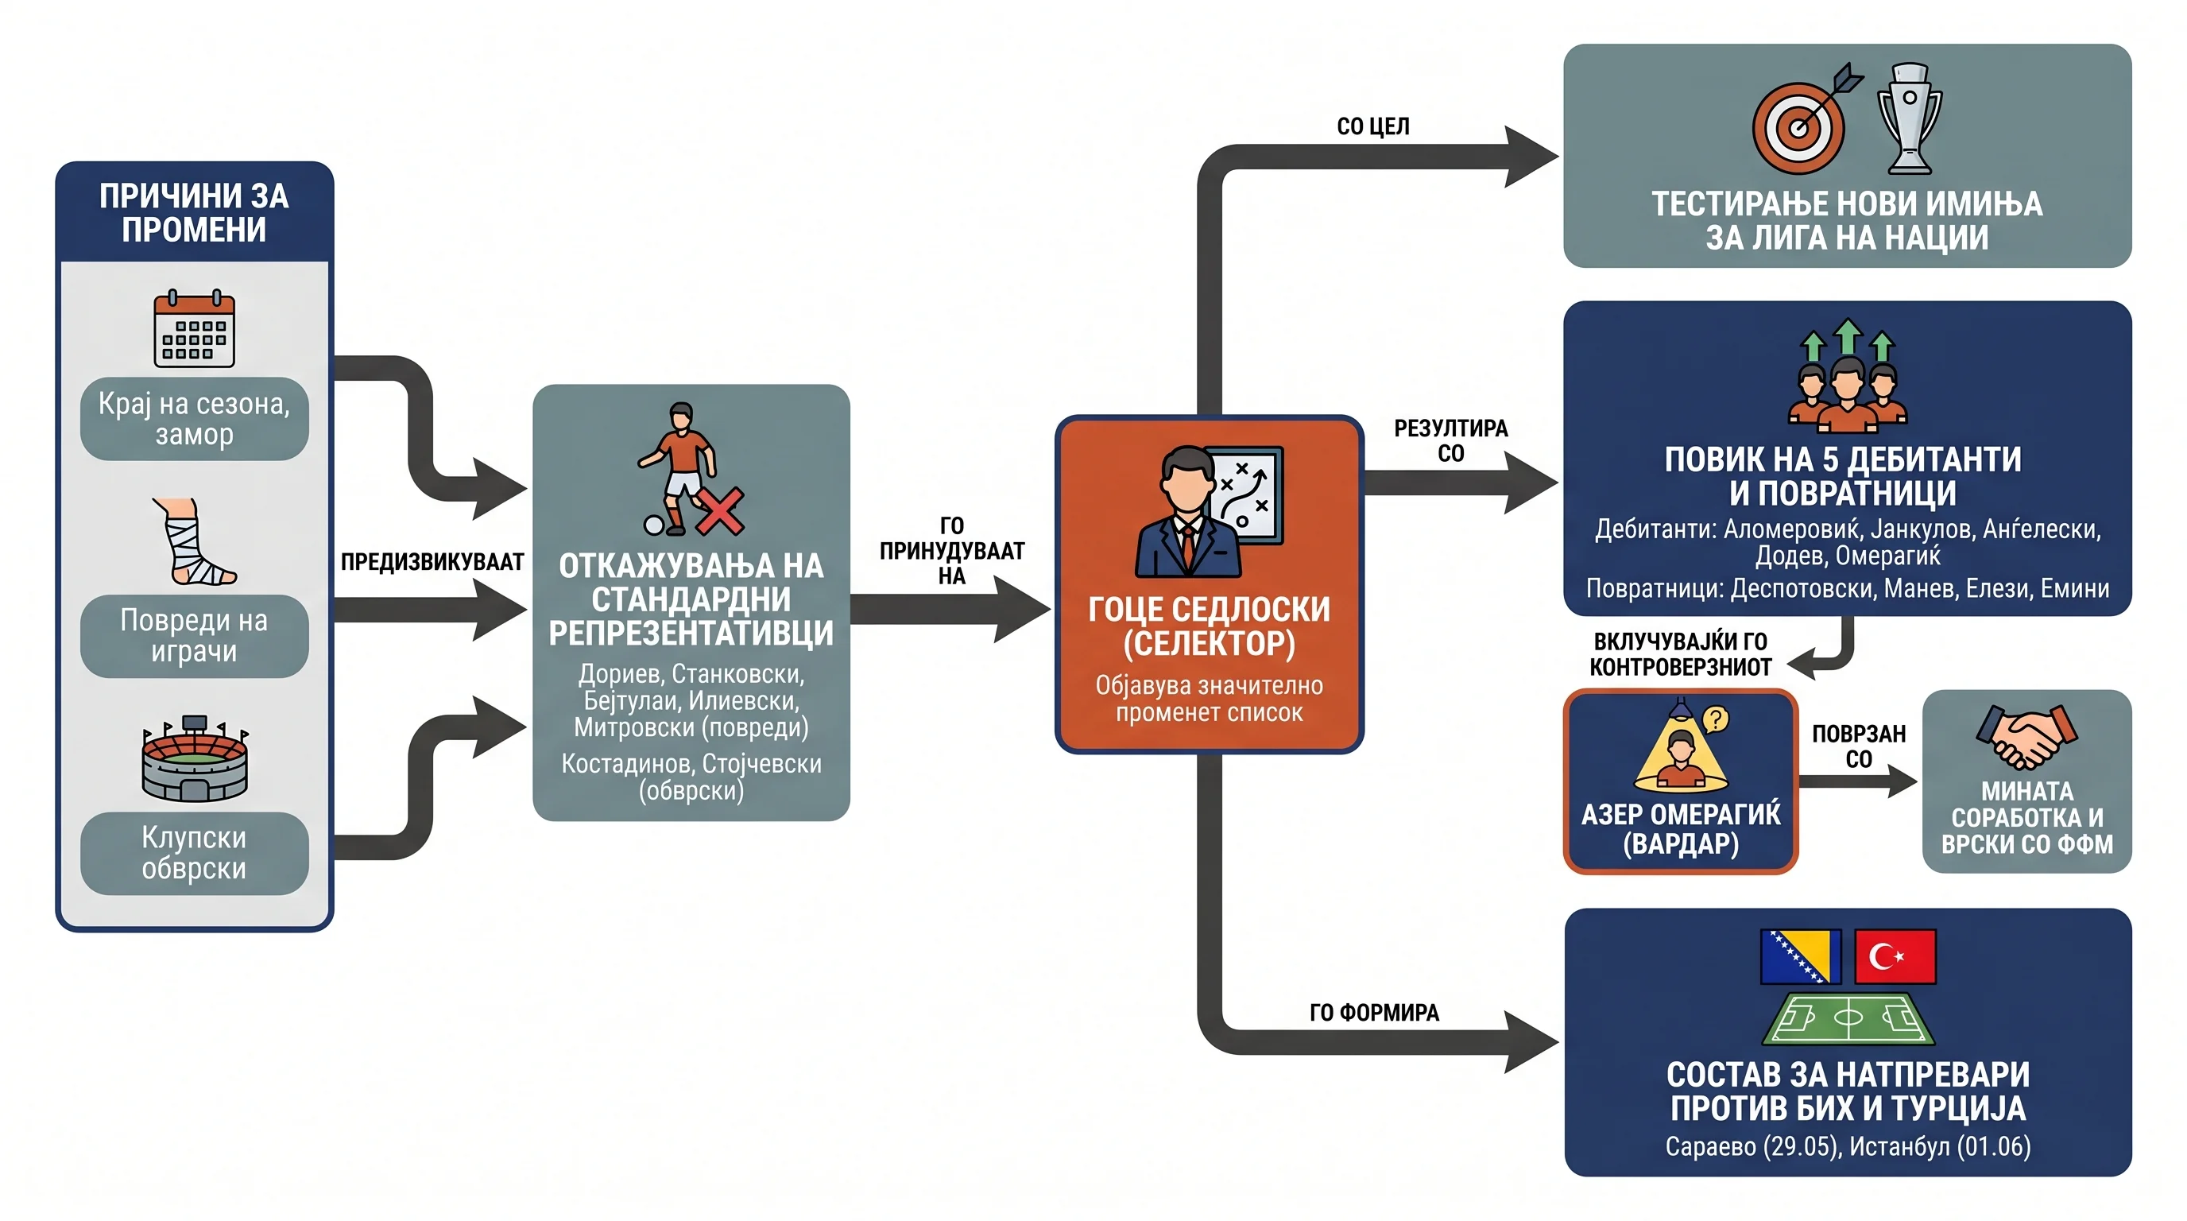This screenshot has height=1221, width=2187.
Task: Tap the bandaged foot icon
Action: pyautogui.click(x=195, y=541)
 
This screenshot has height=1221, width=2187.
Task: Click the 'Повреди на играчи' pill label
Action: pyautogui.click(x=195, y=635)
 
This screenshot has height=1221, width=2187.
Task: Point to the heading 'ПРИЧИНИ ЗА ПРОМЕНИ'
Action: pyautogui.click(x=195, y=212)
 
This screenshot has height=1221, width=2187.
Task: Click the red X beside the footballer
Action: pyautogui.click(x=720, y=511)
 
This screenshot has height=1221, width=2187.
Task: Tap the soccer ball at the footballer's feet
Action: pyautogui.click(x=654, y=525)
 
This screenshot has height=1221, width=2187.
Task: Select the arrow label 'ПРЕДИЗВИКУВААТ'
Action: pyautogui.click(x=432, y=561)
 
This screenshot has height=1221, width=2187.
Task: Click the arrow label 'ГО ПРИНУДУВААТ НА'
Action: pyautogui.click(x=952, y=550)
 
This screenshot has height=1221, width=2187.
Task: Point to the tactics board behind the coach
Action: pyautogui.click(x=1245, y=495)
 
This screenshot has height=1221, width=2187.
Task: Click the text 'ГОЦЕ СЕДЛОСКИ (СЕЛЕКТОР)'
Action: pyautogui.click(x=1209, y=626)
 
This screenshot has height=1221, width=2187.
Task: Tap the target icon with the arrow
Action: pyautogui.click(x=1805, y=120)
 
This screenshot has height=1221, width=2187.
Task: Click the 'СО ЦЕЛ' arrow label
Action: pyautogui.click(x=1372, y=126)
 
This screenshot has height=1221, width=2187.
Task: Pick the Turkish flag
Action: pyautogui.click(x=1895, y=956)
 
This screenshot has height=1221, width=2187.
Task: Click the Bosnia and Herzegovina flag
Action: pyautogui.click(x=1801, y=956)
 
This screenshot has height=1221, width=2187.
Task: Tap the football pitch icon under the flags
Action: pyautogui.click(x=1848, y=1018)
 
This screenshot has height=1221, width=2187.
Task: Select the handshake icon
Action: pyautogui.click(x=2026, y=736)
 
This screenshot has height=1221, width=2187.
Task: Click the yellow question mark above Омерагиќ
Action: pyautogui.click(x=1716, y=719)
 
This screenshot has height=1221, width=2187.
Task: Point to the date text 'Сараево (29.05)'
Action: pyautogui.click(x=1752, y=1146)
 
